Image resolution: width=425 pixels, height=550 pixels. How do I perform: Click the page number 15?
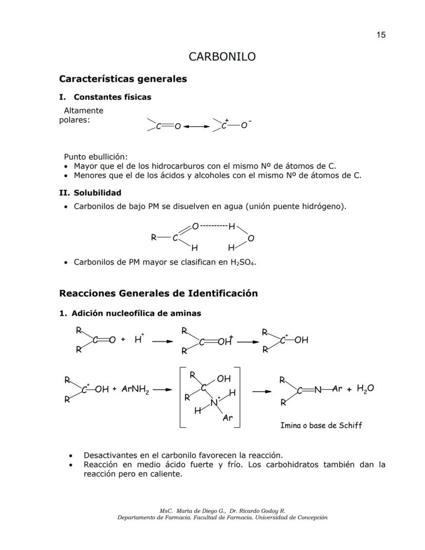(x=380, y=35)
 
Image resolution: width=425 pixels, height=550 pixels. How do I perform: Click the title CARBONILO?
(x=222, y=56)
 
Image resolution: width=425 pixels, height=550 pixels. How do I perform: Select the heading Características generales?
(x=123, y=79)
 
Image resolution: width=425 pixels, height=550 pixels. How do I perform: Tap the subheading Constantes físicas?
(x=112, y=97)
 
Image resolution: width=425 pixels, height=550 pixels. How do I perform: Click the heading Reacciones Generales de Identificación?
(x=158, y=294)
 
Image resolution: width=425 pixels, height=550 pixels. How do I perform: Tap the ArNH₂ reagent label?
(x=135, y=389)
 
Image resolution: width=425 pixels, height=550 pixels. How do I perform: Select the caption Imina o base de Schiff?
(x=321, y=425)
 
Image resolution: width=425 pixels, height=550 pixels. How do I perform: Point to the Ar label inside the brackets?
(x=227, y=418)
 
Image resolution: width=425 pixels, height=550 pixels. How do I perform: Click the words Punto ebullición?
(x=95, y=157)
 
